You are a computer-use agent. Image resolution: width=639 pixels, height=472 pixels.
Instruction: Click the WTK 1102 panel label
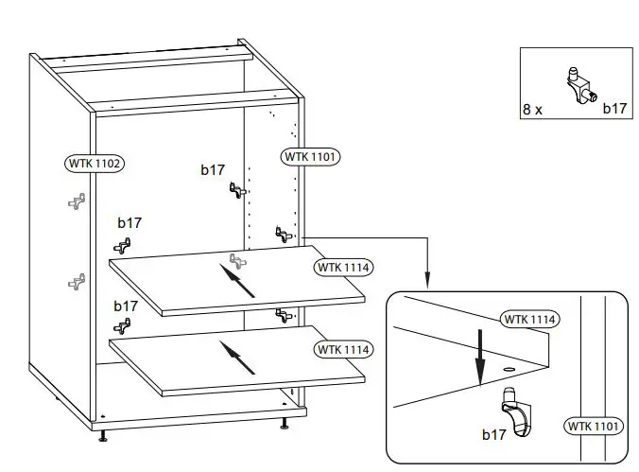(x=95, y=163)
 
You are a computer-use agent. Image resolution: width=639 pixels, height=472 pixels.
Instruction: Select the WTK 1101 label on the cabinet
(x=311, y=156)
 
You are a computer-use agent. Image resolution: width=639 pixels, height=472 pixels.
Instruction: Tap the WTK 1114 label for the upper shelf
(x=344, y=268)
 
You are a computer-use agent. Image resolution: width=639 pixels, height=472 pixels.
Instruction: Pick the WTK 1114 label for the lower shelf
(x=344, y=350)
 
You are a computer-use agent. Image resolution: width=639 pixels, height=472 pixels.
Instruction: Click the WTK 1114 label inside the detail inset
(x=529, y=319)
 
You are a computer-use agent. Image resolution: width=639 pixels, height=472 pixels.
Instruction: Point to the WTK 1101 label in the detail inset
(x=595, y=427)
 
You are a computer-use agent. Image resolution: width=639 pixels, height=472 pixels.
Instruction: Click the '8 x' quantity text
(x=532, y=109)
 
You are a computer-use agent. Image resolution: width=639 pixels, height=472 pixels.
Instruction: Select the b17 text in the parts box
(x=614, y=109)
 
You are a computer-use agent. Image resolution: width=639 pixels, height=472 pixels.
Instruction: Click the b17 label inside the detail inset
(x=494, y=435)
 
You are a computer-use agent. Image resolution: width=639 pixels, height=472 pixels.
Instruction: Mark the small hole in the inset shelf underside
(x=509, y=367)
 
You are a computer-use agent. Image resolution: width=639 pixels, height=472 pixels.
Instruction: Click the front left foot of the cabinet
(x=103, y=436)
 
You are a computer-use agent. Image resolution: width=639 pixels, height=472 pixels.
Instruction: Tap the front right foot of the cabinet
(x=283, y=425)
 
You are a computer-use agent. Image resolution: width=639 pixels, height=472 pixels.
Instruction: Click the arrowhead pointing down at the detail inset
(x=427, y=280)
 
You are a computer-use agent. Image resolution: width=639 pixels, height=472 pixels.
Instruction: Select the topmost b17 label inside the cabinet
(x=213, y=170)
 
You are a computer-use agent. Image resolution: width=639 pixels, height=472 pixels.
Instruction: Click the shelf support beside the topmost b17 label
(x=236, y=190)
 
